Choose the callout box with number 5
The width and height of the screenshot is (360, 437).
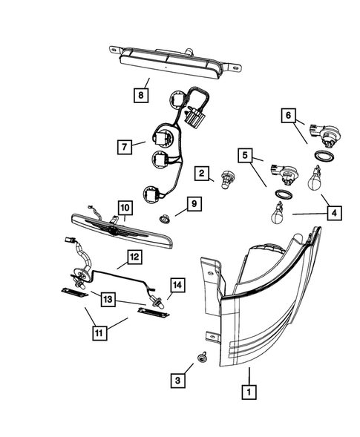pos(245,155)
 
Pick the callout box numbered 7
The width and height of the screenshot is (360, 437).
pos(125,146)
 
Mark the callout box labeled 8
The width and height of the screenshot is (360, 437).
pos(140,94)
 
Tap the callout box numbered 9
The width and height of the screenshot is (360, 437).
pos(192,203)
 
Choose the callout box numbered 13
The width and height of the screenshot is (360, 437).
pos(108,298)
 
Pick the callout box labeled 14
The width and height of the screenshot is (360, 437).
pos(177,284)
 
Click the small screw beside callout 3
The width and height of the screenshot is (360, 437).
pos(201,360)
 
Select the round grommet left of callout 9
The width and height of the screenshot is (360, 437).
pos(165,220)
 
